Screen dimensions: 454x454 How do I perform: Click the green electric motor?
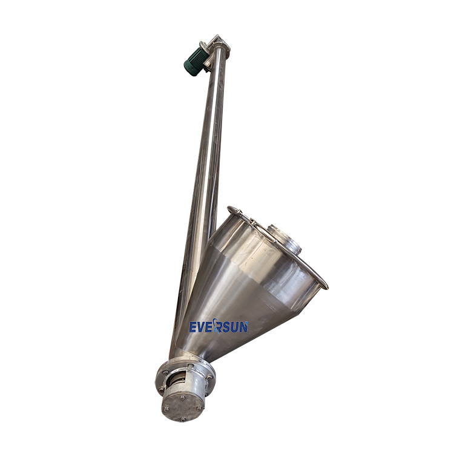194,61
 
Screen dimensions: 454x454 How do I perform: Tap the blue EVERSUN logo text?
219,326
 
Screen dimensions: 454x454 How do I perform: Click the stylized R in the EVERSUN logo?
217,326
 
